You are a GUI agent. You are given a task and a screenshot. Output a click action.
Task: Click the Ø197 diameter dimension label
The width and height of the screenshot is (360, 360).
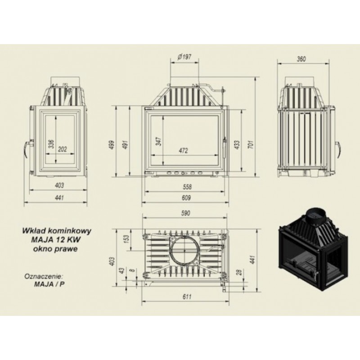(184, 57)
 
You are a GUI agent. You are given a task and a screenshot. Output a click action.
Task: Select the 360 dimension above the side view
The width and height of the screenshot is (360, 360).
(301, 59)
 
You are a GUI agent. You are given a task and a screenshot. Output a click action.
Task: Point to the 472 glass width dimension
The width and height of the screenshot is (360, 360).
(184, 150)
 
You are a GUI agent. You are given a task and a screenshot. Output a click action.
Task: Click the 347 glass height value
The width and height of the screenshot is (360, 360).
(159, 141)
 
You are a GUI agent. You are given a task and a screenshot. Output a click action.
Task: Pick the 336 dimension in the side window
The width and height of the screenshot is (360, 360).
(51, 144)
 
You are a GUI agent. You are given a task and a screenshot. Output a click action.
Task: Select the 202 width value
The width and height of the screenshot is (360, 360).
(62, 149)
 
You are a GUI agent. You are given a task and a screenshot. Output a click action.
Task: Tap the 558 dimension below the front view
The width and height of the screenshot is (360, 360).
(187, 187)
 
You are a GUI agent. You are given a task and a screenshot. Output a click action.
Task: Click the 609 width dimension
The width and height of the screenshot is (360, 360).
(186, 198)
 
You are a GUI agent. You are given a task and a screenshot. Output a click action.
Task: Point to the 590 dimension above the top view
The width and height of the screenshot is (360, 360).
(185, 213)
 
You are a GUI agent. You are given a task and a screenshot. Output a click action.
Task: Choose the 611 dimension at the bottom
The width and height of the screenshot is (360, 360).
(187, 297)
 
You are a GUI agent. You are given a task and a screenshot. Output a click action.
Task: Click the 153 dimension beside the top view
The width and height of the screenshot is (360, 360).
(127, 239)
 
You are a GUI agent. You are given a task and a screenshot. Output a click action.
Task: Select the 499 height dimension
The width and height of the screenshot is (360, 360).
(112, 145)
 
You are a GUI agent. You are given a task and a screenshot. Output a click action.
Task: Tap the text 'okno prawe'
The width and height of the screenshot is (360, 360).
(55, 249)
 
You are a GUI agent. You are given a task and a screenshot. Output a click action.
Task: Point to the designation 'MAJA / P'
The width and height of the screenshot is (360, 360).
(49, 284)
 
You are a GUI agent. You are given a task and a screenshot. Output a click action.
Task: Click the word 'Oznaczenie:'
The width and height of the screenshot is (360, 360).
(44, 276)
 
